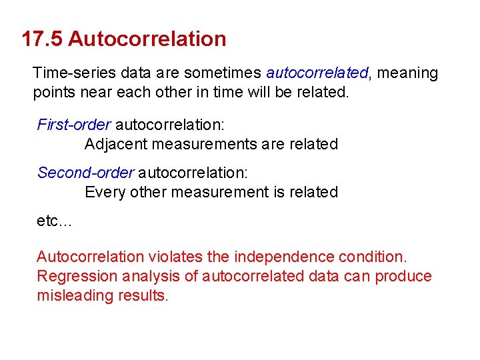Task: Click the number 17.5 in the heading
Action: click(42, 39)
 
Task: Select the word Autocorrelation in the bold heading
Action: click(147, 39)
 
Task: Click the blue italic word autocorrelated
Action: click(317, 73)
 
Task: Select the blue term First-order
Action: click(73, 125)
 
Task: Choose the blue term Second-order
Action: click(85, 173)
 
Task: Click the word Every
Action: click(103, 193)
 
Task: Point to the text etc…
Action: click(53, 221)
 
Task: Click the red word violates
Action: click(175, 257)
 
